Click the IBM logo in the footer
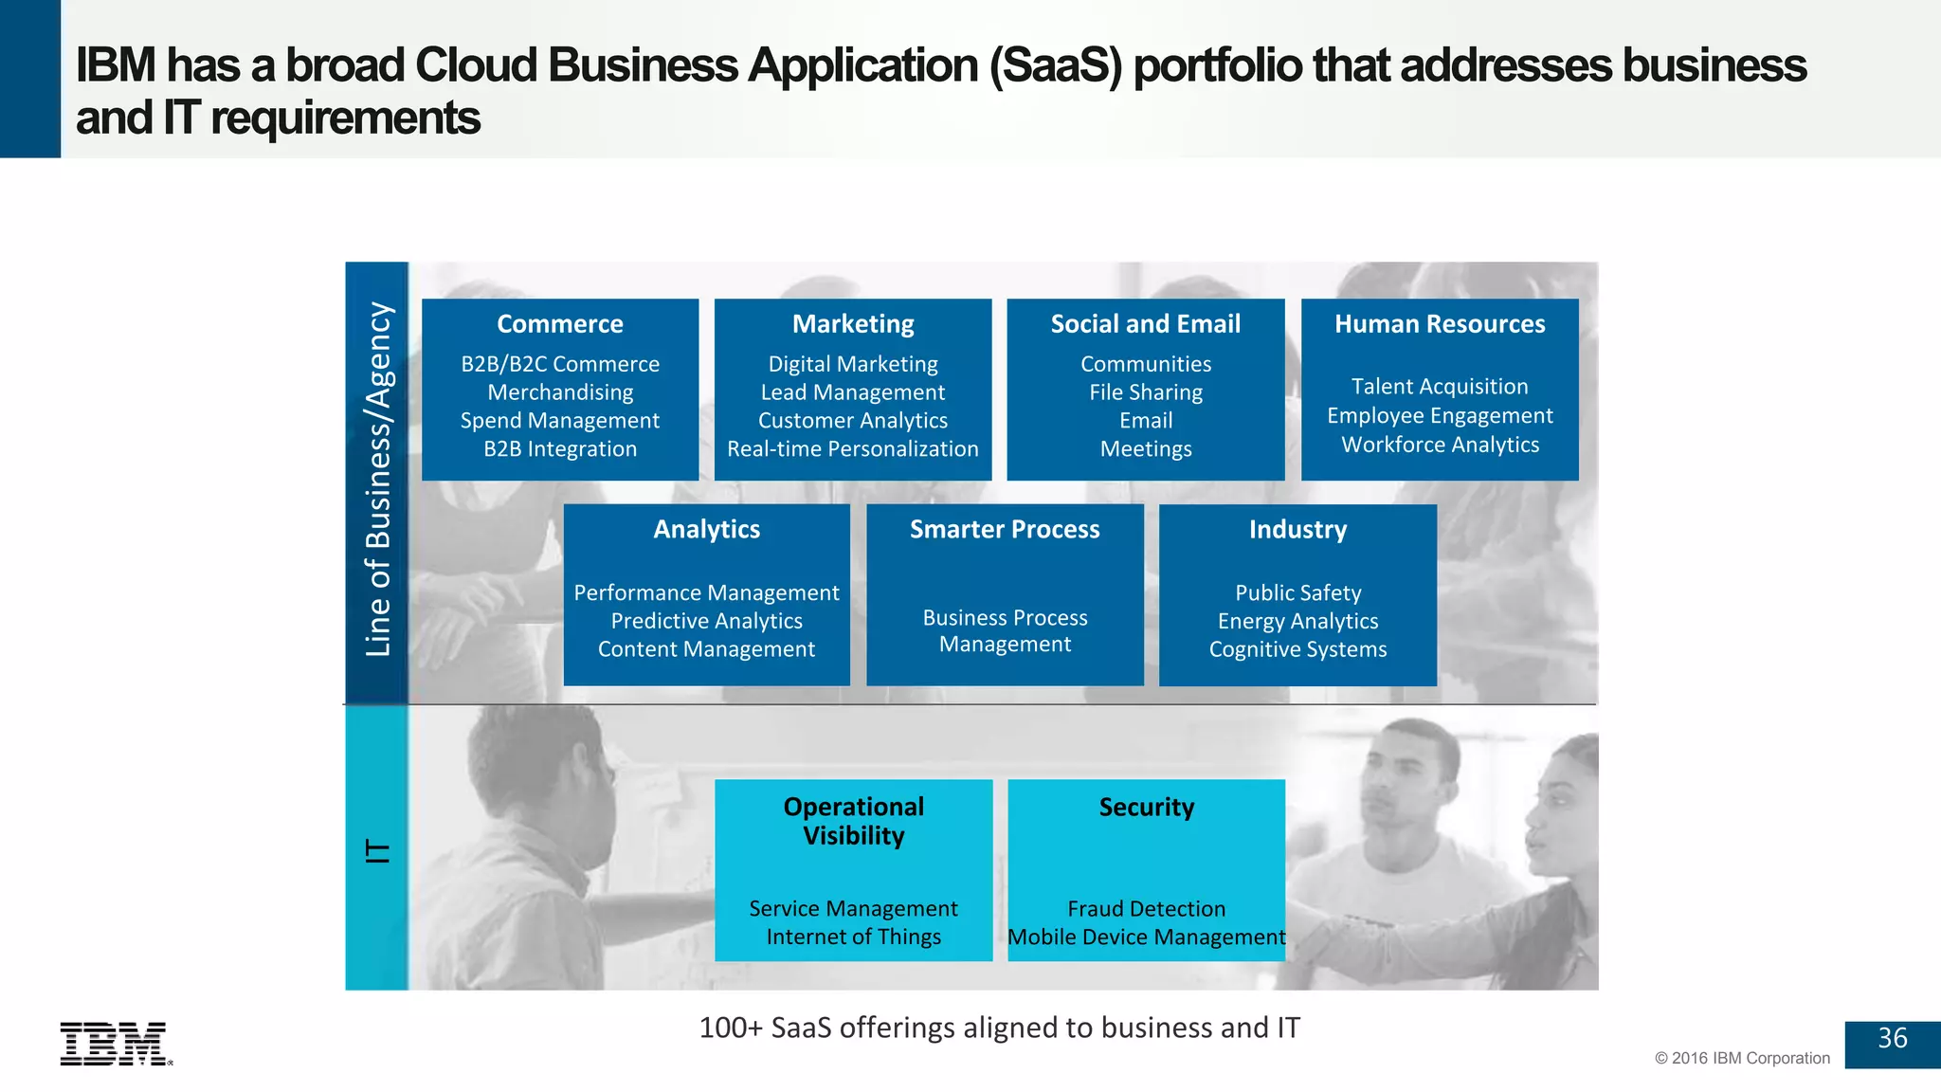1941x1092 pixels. tap(115, 1044)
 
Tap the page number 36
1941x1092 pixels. tap(1892, 1039)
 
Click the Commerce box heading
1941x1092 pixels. tap(559, 324)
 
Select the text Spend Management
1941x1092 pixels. tap(559, 421)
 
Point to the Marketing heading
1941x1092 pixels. tap(853, 324)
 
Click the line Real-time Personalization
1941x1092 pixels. tap(852, 449)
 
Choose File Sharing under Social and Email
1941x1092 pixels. tap(1145, 392)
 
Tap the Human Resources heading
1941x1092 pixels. tap(1439, 324)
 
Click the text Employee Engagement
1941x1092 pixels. tap(1439, 416)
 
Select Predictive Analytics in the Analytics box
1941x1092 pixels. tap(706, 621)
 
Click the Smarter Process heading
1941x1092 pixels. tap(1005, 529)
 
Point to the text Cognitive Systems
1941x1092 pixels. tap(1297, 649)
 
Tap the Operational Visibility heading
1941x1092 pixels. tap(853, 821)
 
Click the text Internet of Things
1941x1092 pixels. tap(853, 937)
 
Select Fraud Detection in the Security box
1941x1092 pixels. tap(1146, 908)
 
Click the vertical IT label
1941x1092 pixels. tap(377, 850)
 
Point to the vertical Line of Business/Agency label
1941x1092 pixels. tap(377, 480)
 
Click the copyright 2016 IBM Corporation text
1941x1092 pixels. tap(1742, 1058)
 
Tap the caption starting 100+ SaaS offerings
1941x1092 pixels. tap(999, 1028)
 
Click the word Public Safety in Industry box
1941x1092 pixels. tap(1297, 592)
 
